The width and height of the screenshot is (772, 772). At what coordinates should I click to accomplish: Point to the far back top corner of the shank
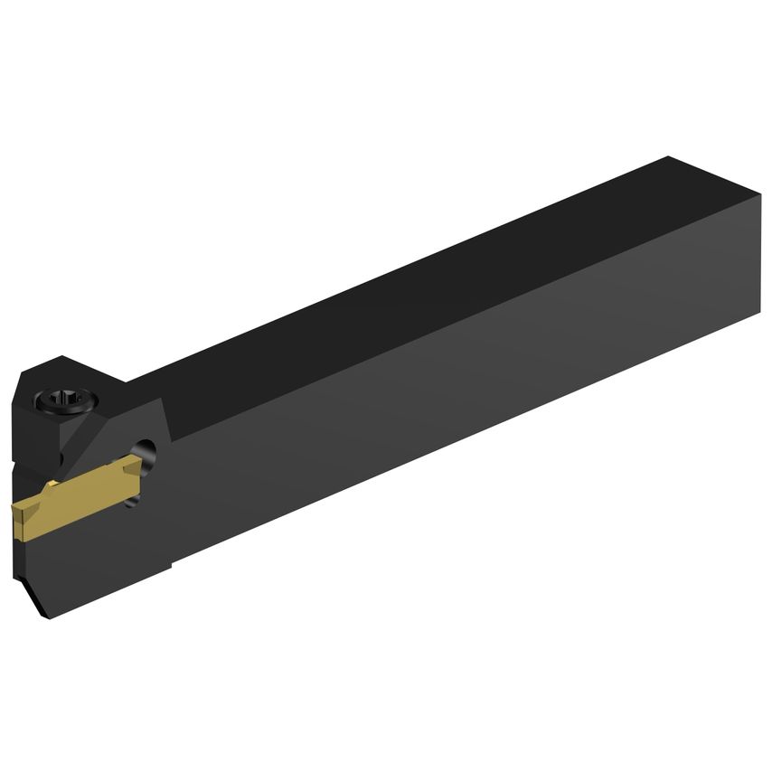pyautogui.click(x=669, y=157)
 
